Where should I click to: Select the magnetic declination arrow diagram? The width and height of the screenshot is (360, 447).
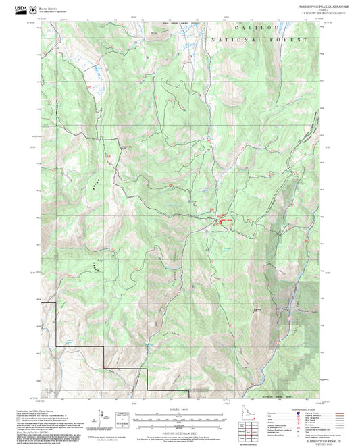[x=103, y=419]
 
